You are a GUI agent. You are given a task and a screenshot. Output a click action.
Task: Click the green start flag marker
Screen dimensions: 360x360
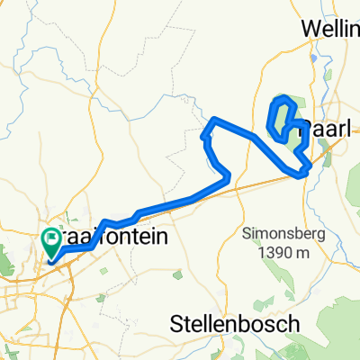50,240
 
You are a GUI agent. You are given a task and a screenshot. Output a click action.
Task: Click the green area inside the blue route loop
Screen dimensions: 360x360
282,118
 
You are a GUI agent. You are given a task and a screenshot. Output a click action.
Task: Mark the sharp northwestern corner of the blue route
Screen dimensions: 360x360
212,119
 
